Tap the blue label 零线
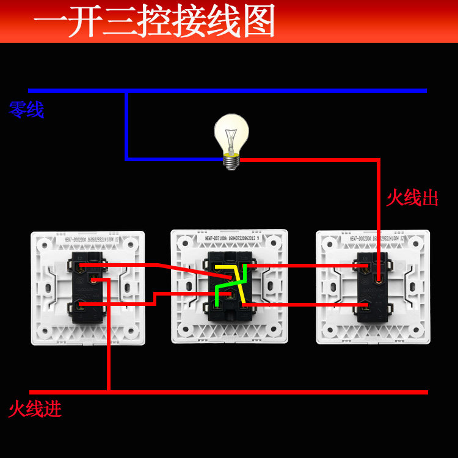coord(26,110)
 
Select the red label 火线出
coord(412,198)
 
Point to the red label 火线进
coord(35,409)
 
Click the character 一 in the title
coord(51,21)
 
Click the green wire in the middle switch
coord(219,296)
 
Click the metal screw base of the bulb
coord(231,161)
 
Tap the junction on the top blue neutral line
coord(126,91)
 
